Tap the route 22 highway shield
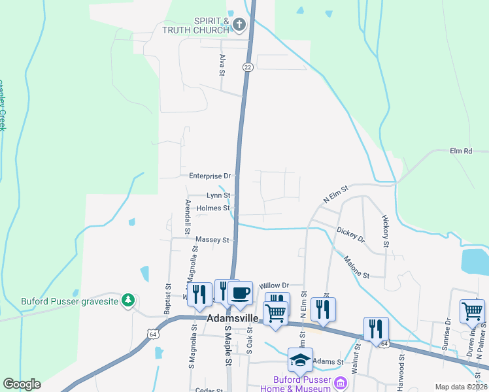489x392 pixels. click(247, 67)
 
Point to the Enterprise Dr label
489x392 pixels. click(210, 176)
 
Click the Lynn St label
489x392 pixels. click(218, 195)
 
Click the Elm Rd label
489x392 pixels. click(461, 151)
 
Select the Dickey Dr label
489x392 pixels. click(350, 234)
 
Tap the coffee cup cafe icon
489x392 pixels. click(240, 293)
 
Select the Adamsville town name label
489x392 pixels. click(233, 319)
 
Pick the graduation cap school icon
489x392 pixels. click(300, 360)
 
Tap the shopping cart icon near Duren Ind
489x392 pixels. click(473, 311)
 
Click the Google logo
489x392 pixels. click(22, 384)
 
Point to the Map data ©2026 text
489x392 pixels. click(460, 387)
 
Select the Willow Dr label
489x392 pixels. click(274, 286)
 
